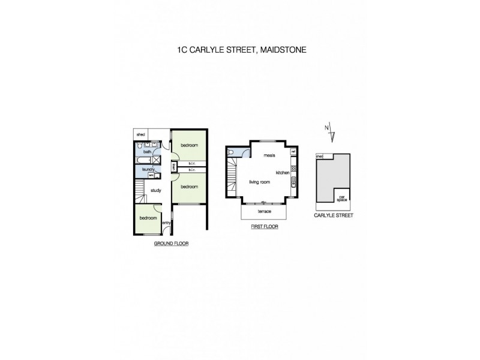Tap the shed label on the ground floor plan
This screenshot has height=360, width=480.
pyautogui.click(x=141, y=135)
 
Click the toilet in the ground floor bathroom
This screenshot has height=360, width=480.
pyautogui.click(x=139, y=146)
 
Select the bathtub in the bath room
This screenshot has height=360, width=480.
pyautogui.click(x=143, y=161)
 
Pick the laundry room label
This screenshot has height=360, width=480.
pyautogui.click(x=148, y=170)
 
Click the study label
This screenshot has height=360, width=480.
pyautogui.click(x=155, y=190)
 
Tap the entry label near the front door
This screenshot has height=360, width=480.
pyautogui.click(x=166, y=223)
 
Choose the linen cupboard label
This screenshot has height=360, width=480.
pyautogui.click(x=173, y=167)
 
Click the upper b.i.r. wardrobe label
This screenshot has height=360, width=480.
pyautogui.click(x=192, y=163)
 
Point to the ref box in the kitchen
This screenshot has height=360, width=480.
pyautogui.click(x=293, y=151)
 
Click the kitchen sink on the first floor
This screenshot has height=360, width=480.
pyautogui.click(x=293, y=182)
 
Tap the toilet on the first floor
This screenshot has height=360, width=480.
pyautogui.click(x=230, y=153)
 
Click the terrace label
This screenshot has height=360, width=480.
pyautogui.click(x=264, y=212)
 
